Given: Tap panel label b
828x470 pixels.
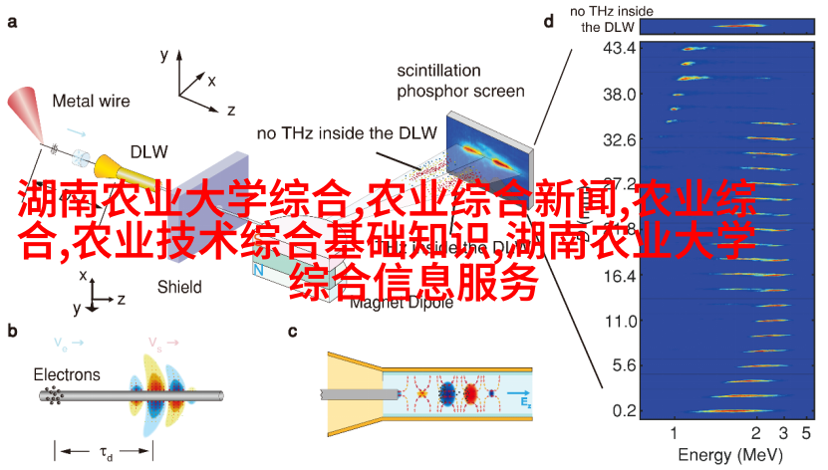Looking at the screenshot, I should [x=12, y=332].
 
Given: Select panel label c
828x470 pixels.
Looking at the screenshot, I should [x=293, y=332].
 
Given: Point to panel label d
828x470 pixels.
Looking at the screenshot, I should [x=548, y=20].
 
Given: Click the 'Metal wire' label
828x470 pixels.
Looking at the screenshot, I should [x=94, y=101].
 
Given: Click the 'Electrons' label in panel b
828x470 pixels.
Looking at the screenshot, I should [x=67, y=374].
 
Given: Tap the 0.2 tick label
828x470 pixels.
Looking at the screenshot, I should [x=622, y=410].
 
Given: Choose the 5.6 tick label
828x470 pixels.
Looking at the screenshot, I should [x=622, y=365].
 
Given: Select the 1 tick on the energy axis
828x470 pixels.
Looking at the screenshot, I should [x=675, y=433].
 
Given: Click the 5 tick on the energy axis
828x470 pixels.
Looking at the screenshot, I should [x=808, y=433].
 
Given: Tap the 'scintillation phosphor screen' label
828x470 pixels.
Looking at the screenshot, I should [x=460, y=82].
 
